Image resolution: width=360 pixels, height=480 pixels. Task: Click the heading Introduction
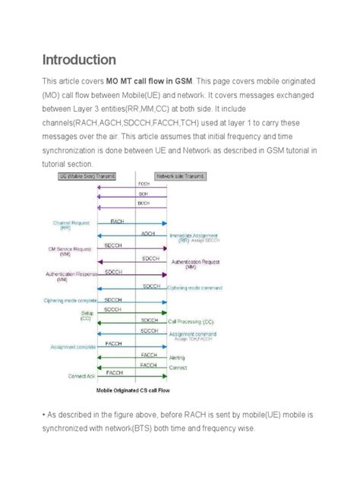[78, 59]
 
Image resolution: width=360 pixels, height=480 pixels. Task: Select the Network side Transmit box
[182, 176]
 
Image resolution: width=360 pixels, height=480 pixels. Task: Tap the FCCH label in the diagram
[143, 185]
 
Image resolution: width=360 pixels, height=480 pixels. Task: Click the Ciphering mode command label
[196, 287]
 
